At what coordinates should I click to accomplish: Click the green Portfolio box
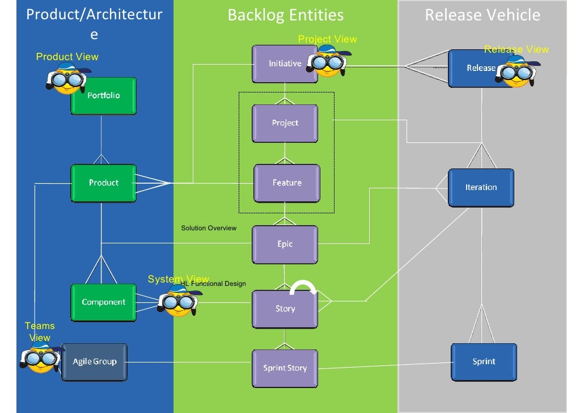point(104,96)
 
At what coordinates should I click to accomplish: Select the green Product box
point(104,183)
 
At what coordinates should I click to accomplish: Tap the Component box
point(104,302)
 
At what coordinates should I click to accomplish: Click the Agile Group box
point(94,362)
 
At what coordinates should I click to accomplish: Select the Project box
point(285,123)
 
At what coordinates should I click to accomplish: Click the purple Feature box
point(287,183)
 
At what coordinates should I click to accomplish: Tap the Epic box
point(285,245)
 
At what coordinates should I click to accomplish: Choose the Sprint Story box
point(285,368)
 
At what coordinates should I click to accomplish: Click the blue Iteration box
point(481,187)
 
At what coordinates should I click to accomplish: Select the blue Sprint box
point(484,362)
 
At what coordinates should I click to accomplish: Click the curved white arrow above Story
point(304,288)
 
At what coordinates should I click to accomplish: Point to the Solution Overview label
point(209,228)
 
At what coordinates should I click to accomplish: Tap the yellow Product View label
point(67,57)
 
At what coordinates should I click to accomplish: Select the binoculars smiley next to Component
point(179,302)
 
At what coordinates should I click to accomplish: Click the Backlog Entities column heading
point(285,15)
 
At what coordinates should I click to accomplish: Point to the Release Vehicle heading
point(483,15)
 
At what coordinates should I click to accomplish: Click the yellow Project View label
point(327,39)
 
